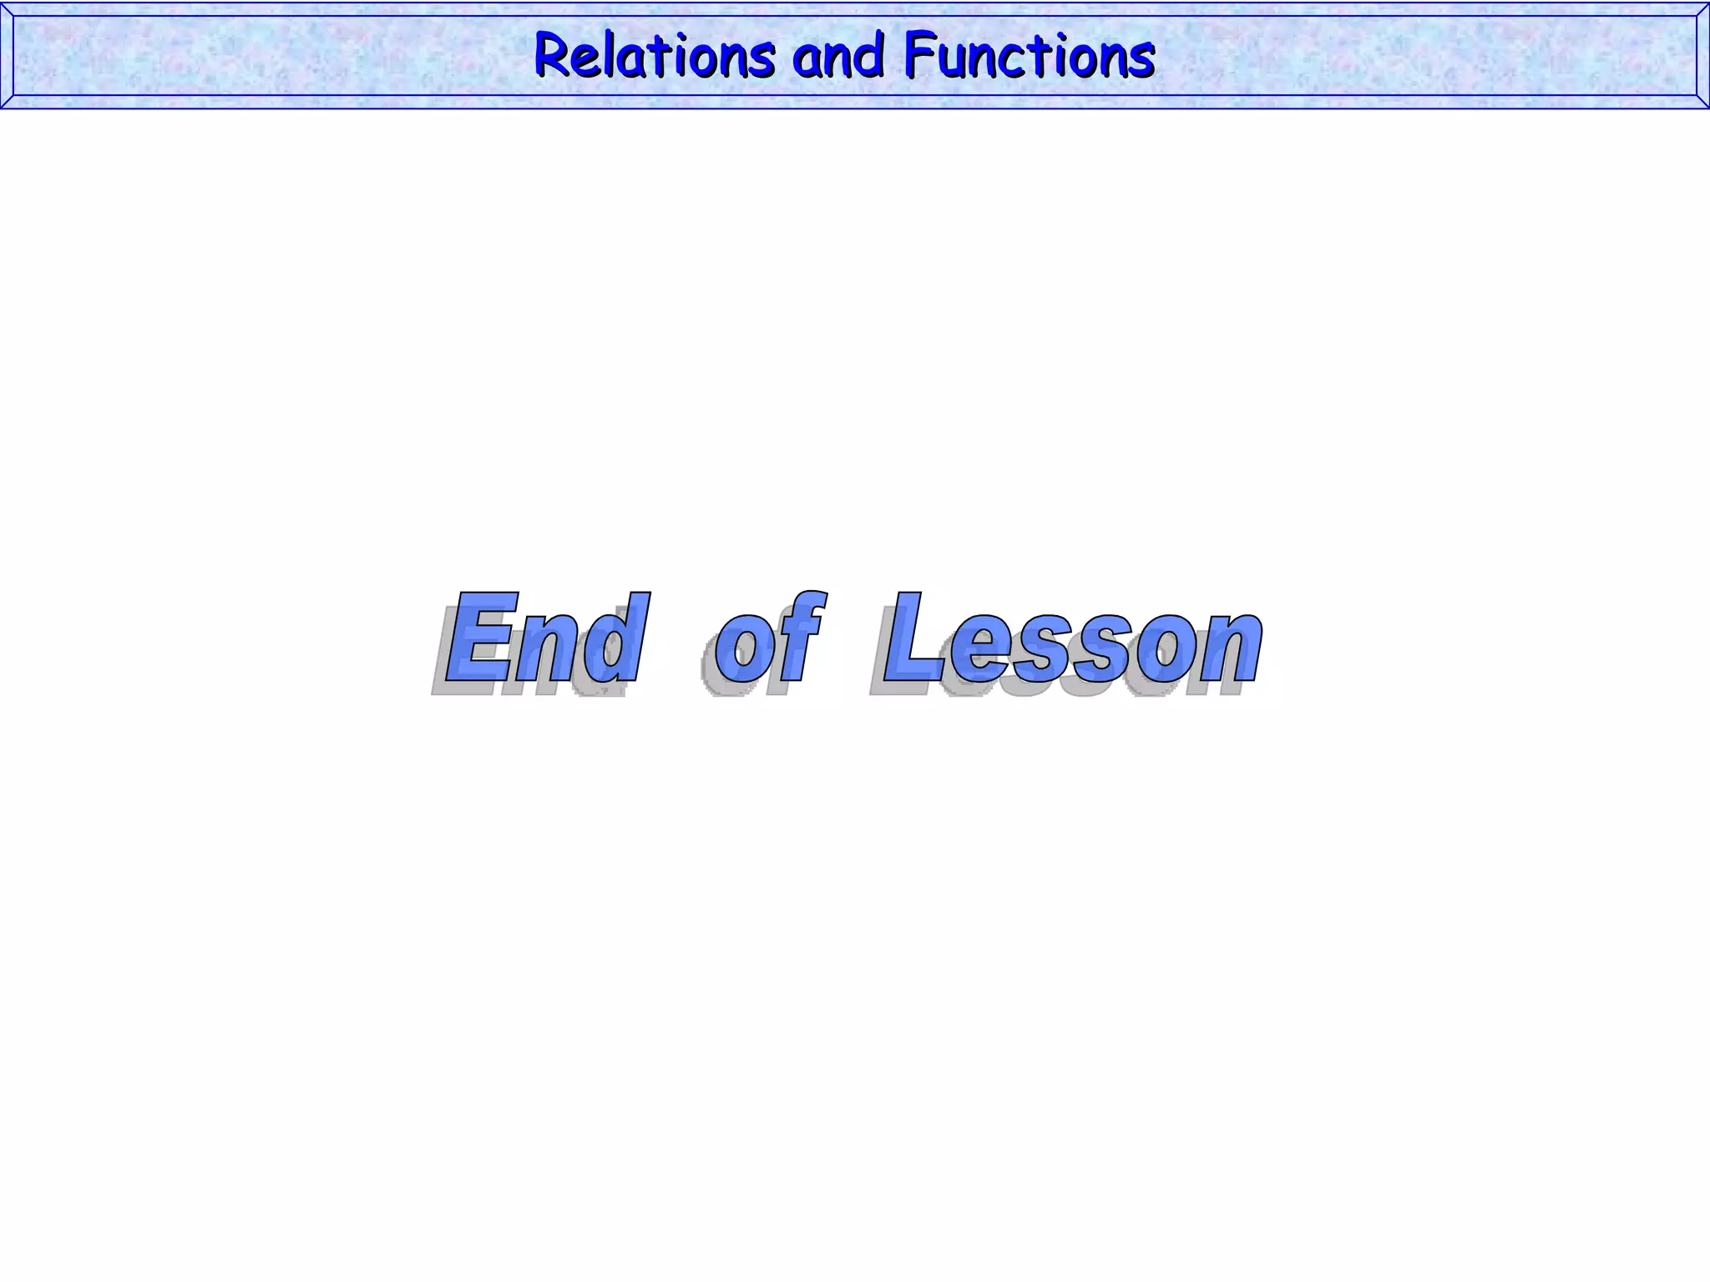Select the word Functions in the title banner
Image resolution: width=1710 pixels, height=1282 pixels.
[x=1029, y=56]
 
